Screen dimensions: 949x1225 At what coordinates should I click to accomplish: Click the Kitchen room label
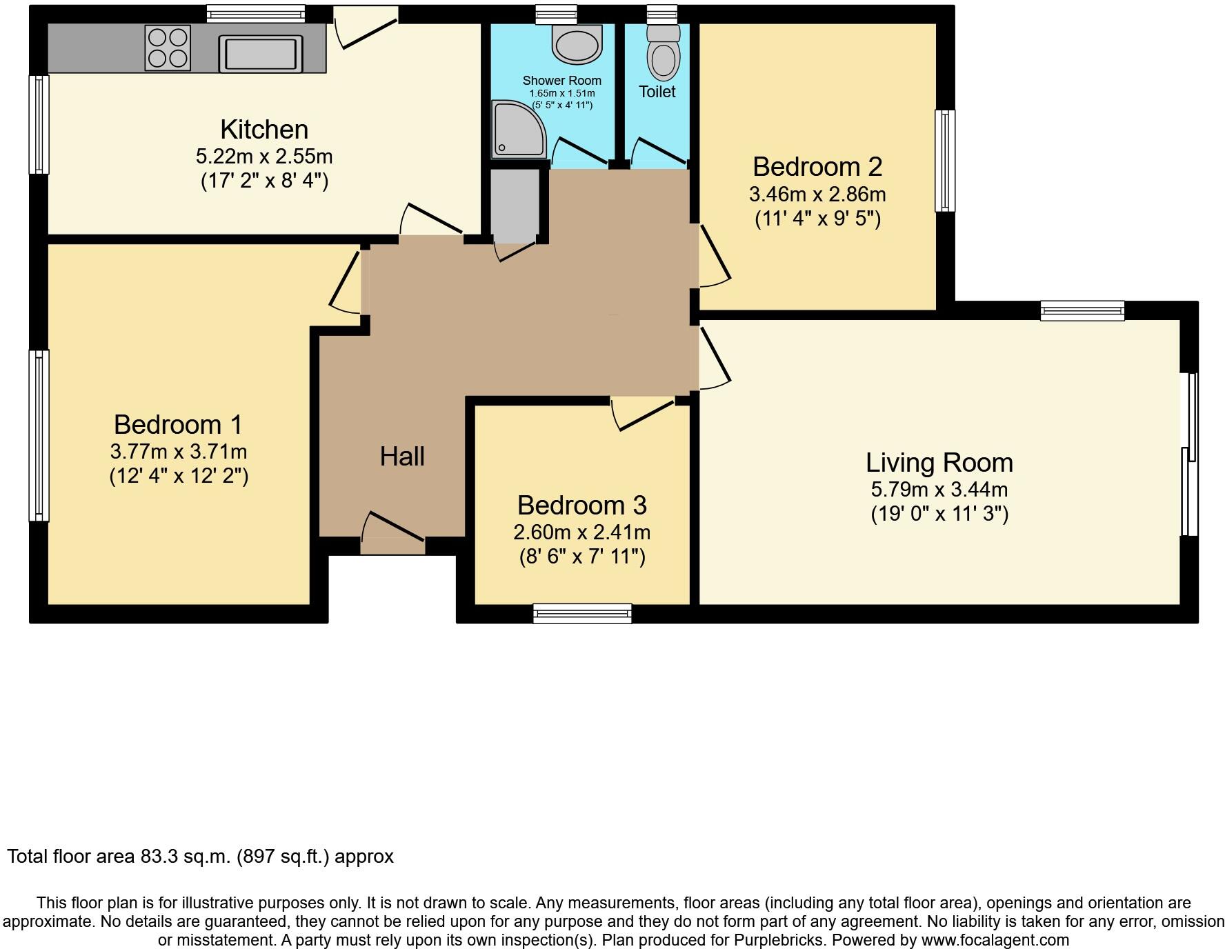(264, 130)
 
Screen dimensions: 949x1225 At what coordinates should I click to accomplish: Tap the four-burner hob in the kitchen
(168, 48)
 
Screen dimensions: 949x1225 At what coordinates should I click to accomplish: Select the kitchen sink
(261, 53)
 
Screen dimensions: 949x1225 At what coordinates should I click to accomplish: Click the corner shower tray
(516, 130)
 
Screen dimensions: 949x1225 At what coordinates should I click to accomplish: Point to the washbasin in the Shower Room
(577, 44)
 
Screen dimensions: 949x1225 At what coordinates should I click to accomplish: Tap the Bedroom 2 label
(817, 167)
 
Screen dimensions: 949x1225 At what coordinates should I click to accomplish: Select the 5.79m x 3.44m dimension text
(939, 490)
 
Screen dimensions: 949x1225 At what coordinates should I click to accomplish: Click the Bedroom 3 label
(581, 506)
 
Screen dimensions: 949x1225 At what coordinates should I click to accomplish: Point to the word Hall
(402, 457)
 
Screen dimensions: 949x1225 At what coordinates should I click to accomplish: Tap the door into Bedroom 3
(643, 412)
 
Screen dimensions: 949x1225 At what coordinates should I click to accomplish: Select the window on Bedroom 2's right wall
(945, 160)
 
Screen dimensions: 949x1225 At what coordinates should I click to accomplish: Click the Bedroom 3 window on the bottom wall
(583, 612)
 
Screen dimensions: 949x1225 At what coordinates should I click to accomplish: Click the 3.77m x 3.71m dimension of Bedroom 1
(178, 452)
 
